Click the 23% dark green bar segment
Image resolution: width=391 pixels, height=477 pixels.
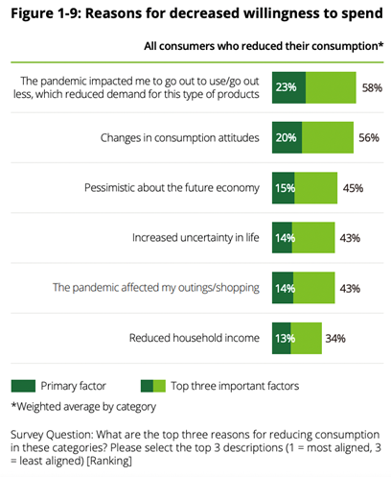[288, 87]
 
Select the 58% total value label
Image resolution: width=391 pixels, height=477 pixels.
[372, 87]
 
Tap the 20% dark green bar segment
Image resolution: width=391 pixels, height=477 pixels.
[287, 137]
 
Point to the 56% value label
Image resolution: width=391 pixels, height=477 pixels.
[369, 137]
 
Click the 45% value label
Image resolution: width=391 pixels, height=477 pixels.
[353, 188]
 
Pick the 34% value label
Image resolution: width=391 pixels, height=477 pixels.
[335, 338]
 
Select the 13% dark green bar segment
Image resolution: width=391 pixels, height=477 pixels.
[282, 338]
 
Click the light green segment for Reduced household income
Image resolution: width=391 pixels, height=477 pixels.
[307, 338]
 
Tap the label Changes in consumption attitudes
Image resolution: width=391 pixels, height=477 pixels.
[180, 138]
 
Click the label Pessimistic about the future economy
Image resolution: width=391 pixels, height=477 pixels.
[172, 188]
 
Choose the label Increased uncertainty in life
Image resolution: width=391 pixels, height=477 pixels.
[195, 238]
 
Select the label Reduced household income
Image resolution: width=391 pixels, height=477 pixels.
[195, 338]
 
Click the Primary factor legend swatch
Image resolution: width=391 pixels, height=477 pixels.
[23, 386]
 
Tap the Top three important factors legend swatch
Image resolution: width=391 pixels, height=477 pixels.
[153, 386]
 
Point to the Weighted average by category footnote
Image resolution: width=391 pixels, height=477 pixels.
[83, 407]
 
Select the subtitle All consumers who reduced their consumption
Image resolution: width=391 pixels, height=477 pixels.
[264, 46]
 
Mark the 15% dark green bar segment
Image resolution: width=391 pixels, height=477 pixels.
[284, 188]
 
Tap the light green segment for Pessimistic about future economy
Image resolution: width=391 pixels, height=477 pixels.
[316, 188]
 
